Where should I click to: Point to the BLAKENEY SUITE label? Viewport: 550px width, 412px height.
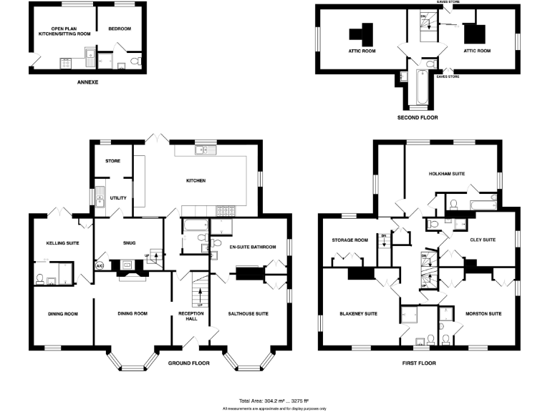click(x=359, y=313)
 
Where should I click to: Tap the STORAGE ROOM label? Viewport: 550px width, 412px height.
click(x=349, y=240)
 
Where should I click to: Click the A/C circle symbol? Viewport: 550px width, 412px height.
click(x=99, y=266)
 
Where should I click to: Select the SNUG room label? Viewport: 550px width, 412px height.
click(x=130, y=243)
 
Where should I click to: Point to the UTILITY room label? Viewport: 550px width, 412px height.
click(x=118, y=197)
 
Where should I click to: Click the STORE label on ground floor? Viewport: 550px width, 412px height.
click(x=112, y=161)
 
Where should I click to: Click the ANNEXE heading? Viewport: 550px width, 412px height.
click(x=87, y=83)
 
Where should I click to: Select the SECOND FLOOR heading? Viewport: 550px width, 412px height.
click(x=418, y=117)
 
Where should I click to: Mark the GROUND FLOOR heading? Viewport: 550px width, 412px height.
click(x=188, y=363)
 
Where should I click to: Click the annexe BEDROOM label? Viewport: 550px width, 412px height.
click(x=120, y=29)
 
